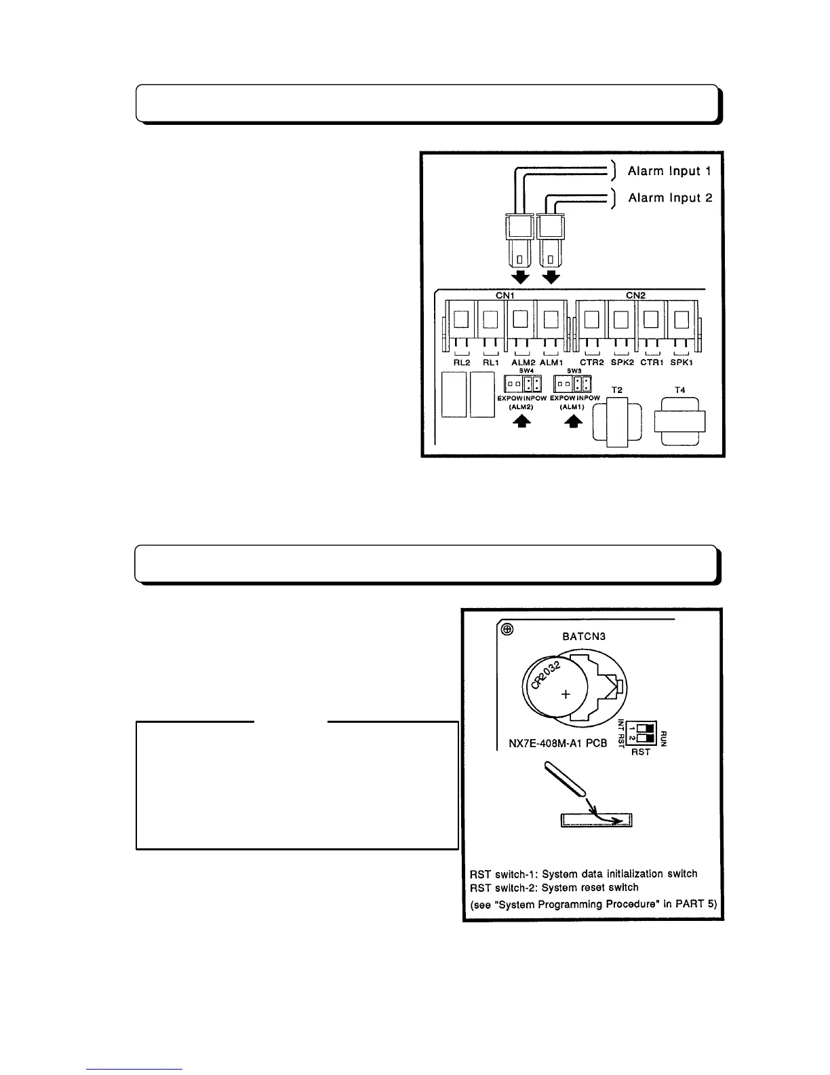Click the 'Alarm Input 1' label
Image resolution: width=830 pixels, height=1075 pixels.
click(669, 171)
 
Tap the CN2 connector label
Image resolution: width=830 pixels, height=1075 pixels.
click(635, 295)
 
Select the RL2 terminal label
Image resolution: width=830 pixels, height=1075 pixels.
click(462, 362)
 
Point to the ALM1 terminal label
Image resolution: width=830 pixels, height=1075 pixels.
click(551, 362)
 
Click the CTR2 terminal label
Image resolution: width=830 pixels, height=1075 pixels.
click(592, 362)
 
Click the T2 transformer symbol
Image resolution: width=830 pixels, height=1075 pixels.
click(617, 422)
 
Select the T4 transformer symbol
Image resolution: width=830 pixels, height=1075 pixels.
click(679, 421)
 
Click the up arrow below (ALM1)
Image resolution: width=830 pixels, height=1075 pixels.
click(574, 421)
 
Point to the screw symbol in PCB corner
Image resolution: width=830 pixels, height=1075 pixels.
click(506, 630)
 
